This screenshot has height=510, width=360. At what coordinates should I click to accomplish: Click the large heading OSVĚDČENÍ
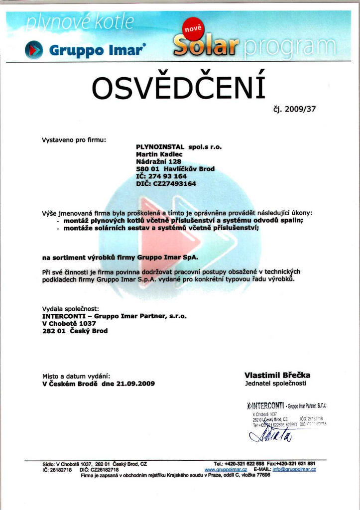(179, 88)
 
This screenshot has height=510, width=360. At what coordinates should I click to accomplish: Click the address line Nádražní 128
(158, 161)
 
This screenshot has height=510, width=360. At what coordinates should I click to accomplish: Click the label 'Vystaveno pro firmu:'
(74, 140)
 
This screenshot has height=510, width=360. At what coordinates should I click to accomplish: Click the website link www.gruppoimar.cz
(226, 469)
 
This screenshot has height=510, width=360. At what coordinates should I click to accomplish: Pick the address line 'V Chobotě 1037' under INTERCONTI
(69, 323)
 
